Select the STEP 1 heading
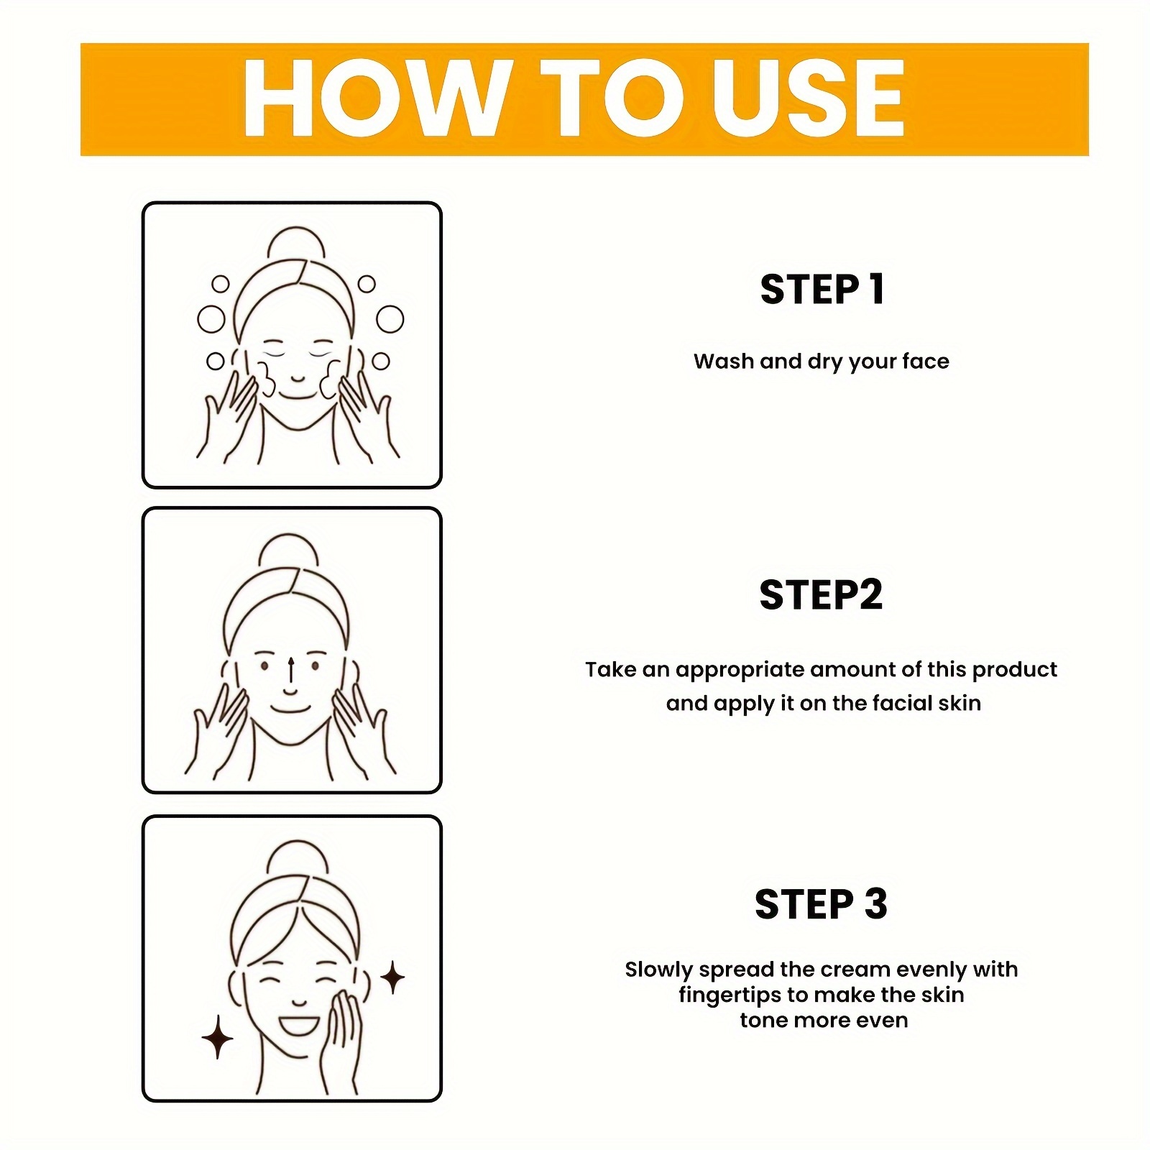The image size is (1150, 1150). (822, 290)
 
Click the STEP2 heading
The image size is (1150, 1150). (821, 595)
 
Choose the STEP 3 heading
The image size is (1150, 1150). (821, 904)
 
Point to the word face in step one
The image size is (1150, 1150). (924, 361)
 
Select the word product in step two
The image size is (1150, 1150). (1014, 671)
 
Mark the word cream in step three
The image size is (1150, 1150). (860, 970)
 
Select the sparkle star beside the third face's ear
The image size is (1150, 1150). (392, 977)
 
